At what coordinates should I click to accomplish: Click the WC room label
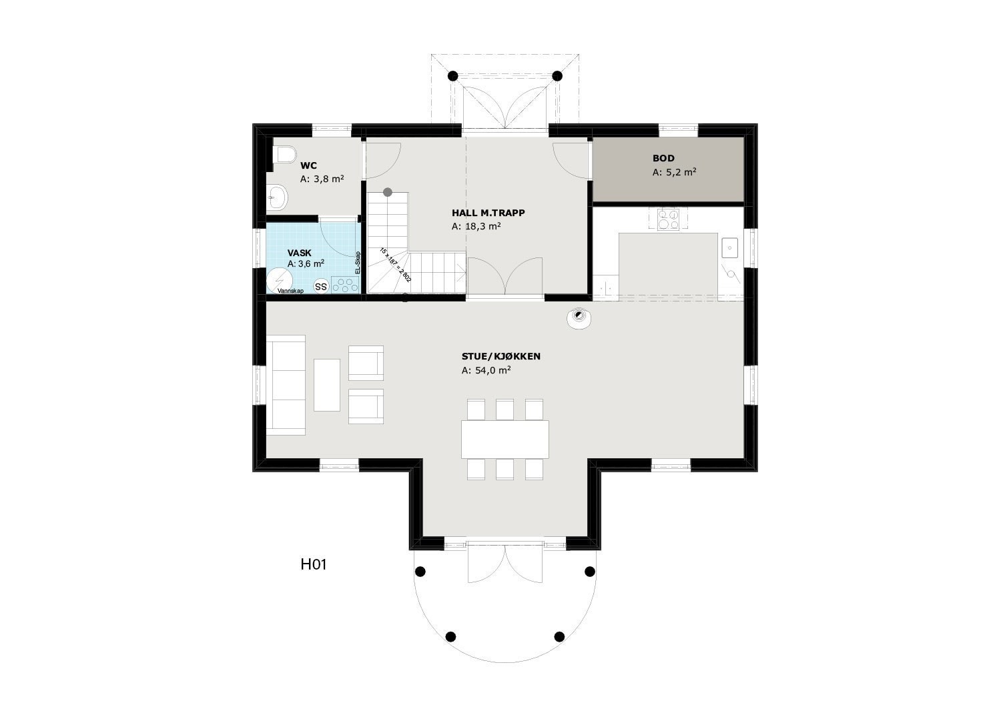(x=308, y=165)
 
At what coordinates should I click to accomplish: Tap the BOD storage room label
(x=663, y=159)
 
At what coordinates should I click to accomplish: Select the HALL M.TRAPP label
(x=488, y=213)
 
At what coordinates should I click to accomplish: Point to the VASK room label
(x=299, y=253)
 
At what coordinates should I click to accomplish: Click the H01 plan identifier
(x=313, y=565)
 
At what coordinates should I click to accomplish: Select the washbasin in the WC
(x=277, y=197)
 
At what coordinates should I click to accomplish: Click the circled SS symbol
(x=321, y=287)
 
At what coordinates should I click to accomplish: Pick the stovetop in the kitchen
(x=667, y=219)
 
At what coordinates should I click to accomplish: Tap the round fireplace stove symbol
(x=578, y=317)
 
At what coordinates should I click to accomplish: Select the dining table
(x=505, y=439)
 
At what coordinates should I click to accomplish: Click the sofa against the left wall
(x=286, y=385)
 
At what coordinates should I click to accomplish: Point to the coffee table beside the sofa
(x=327, y=385)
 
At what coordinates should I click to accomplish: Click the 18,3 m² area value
(x=476, y=227)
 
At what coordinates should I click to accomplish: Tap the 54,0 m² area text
(x=486, y=370)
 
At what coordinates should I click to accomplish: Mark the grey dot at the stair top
(x=388, y=192)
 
